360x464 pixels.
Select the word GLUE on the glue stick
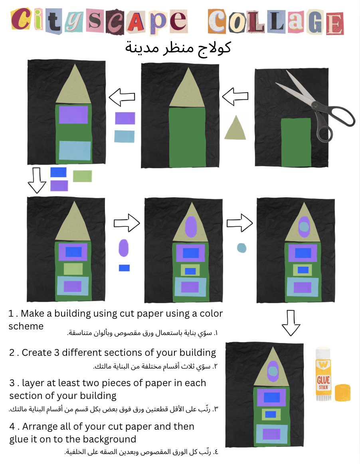(323, 379)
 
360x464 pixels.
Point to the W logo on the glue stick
(322, 365)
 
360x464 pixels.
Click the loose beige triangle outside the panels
(235, 129)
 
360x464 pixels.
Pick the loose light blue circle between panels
(241, 248)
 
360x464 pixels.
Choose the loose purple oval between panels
(124, 248)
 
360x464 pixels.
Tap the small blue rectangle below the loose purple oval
(124, 268)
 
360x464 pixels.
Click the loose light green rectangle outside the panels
(82, 176)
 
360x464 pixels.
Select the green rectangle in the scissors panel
(296, 142)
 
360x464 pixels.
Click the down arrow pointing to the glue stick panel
(291, 323)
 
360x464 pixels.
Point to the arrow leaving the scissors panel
(235, 97)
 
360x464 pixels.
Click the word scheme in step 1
(26, 326)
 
